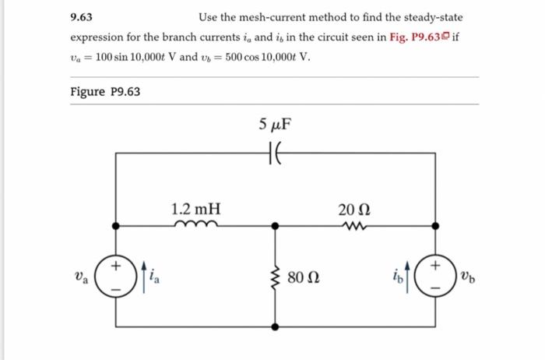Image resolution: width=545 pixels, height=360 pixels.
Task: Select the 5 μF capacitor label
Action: (277, 124)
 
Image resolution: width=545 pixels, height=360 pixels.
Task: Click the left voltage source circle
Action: (117, 275)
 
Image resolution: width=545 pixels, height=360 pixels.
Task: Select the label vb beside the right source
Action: (466, 276)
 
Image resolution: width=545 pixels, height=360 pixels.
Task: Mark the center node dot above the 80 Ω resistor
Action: (273, 226)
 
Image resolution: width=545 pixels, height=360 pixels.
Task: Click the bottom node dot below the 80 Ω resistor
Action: (273, 325)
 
